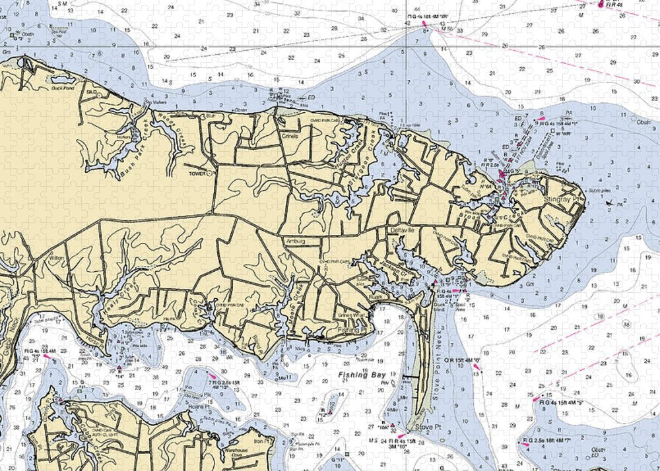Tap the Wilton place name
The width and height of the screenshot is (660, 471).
tap(55, 259)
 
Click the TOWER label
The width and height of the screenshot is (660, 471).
tap(197, 174)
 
